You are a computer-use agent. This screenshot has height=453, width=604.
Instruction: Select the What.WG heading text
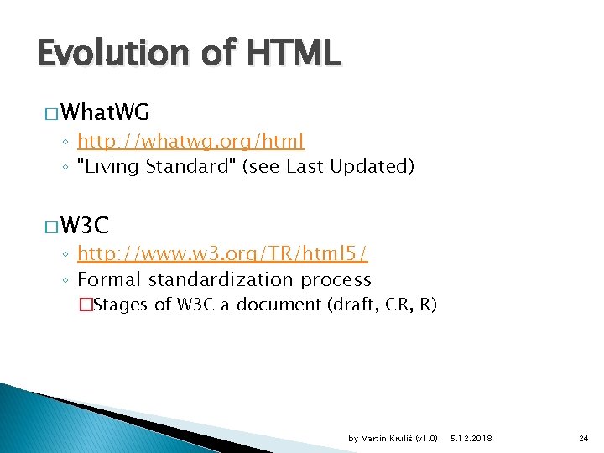point(105,112)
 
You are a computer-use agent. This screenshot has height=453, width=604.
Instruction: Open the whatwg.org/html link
point(190,141)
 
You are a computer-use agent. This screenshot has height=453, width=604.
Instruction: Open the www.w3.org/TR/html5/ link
point(222,253)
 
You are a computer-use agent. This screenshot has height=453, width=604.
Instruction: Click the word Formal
point(107,279)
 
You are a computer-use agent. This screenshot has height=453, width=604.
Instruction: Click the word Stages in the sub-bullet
point(122,305)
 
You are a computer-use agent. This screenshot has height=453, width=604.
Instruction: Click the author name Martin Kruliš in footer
point(393,439)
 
